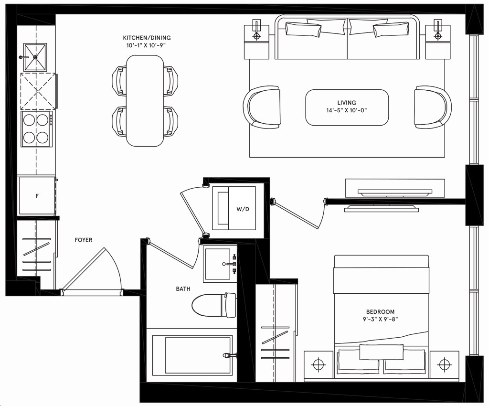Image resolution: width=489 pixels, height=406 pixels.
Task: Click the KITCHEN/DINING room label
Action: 147,38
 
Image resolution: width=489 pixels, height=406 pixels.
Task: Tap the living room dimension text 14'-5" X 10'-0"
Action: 347,110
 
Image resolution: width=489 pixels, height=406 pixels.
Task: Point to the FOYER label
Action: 83,240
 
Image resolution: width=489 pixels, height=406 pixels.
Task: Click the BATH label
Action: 183,288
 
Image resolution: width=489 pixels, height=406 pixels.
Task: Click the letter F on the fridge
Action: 37,196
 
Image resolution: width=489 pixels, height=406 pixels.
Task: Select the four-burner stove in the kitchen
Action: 36,129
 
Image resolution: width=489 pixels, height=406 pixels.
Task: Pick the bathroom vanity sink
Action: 220,264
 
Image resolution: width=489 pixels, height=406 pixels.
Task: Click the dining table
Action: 145,100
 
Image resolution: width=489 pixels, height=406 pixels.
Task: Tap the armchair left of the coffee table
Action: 263,107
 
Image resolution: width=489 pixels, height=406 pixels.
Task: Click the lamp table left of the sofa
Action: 257,41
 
